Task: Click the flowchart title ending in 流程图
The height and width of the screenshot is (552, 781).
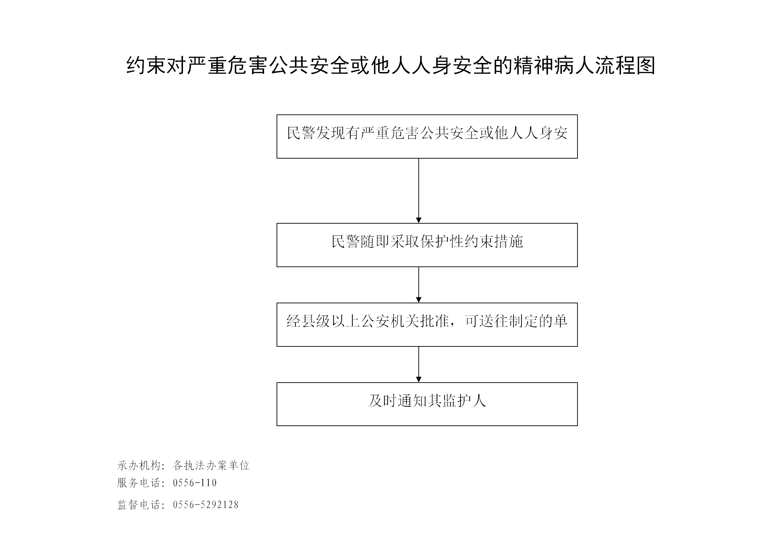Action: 391,65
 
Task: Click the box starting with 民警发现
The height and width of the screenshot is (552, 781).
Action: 427,136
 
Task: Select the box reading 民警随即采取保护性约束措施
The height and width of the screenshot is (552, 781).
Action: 427,245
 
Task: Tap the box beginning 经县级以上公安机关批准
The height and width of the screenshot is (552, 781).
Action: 427,325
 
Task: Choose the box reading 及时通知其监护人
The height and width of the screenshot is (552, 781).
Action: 427,404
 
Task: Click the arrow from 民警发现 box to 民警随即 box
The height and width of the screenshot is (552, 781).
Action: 419,191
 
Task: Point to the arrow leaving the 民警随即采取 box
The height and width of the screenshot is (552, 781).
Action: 419,285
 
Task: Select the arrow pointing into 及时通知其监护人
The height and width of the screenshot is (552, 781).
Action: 419,365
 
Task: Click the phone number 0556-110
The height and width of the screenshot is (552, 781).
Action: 195,483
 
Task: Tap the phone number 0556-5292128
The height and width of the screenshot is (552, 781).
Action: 206,505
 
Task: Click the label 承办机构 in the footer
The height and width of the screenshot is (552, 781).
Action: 138,465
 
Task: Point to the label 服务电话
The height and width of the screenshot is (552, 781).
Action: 138,483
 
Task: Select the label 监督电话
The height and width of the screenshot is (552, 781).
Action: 138,505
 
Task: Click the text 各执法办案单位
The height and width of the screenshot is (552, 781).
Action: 211,465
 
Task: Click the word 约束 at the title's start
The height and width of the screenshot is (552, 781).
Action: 146,65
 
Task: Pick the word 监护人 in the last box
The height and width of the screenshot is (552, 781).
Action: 464,401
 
